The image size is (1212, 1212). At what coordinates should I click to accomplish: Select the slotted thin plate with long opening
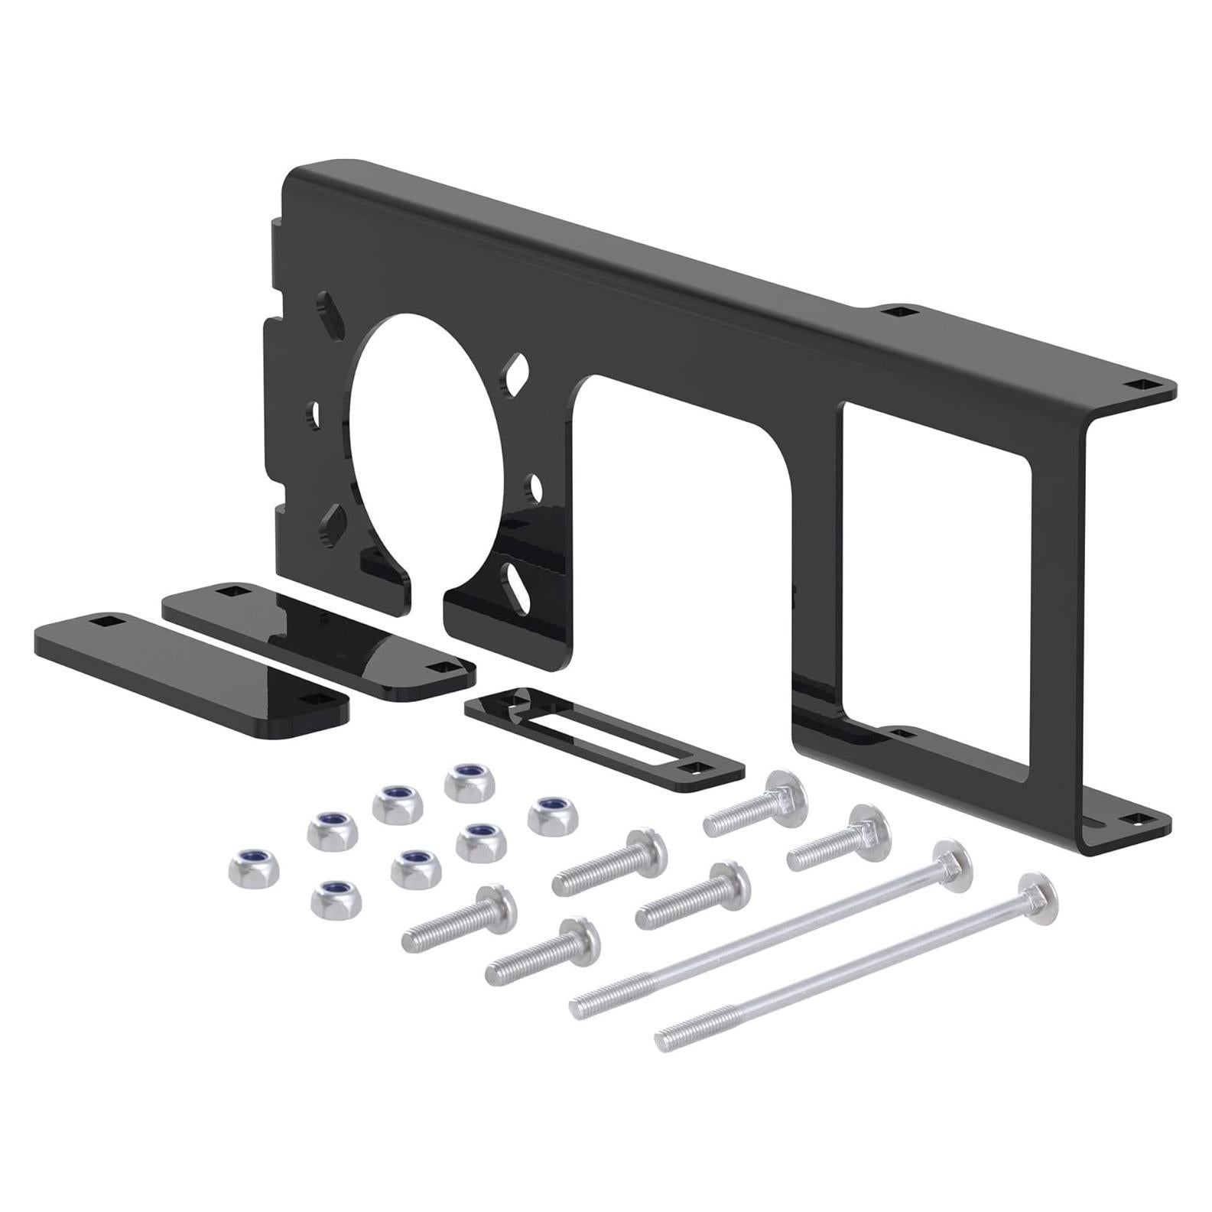[x=604, y=733]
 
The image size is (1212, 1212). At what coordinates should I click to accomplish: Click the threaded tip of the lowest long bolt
[x=673, y=1040]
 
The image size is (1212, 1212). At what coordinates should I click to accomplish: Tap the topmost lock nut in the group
[x=467, y=782]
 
